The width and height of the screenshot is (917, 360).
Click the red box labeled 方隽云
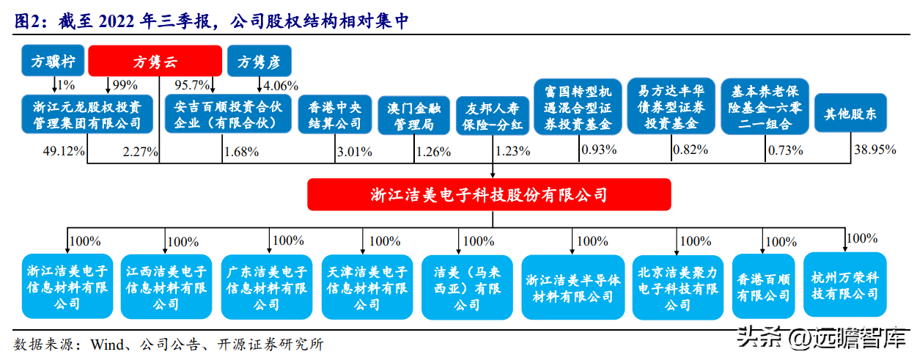pos(155,62)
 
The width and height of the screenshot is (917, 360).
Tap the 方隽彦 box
pos(259,62)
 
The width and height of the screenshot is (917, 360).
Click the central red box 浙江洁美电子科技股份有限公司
pos(489,195)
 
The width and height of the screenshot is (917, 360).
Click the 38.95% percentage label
pos(876,150)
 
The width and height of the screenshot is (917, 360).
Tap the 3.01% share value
pos(353,152)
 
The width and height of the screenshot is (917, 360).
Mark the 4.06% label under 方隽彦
pos(281,84)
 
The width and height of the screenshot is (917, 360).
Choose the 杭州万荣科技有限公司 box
pos(844,285)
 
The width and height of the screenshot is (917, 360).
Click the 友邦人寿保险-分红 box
pos(493,115)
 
